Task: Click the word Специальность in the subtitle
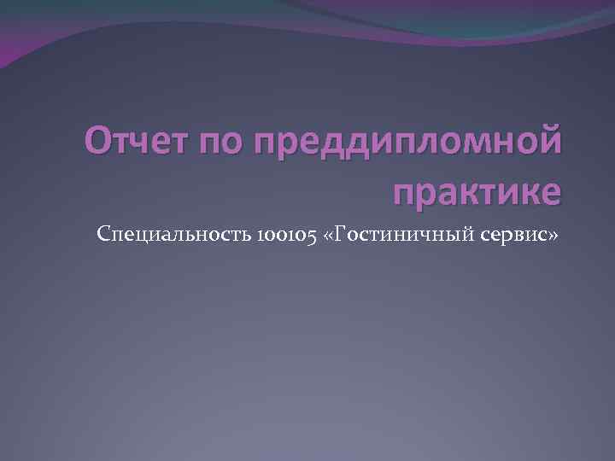point(171,234)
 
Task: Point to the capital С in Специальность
point(104,233)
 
